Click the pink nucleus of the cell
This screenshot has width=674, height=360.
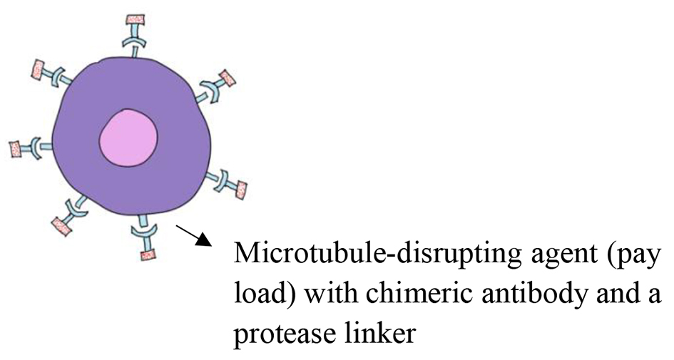(128, 138)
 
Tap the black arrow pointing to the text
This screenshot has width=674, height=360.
(194, 235)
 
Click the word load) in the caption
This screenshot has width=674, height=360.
(265, 294)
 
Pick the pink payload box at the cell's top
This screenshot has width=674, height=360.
(136, 20)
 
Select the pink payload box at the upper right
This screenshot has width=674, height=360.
(227, 78)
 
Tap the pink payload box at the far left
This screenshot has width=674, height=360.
(16, 149)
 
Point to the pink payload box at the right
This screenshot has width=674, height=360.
(241, 190)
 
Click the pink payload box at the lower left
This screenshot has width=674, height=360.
(61, 226)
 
